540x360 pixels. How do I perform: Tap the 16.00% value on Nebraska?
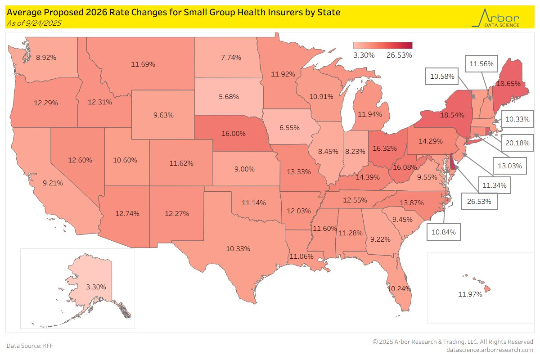click(x=233, y=134)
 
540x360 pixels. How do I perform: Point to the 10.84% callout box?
click(x=443, y=232)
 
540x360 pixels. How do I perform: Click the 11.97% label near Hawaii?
click(x=470, y=294)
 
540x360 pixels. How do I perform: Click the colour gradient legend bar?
click(x=382, y=45)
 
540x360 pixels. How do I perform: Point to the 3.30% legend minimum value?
click(x=364, y=55)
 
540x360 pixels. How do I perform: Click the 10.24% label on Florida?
click(x=399, y=288)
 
